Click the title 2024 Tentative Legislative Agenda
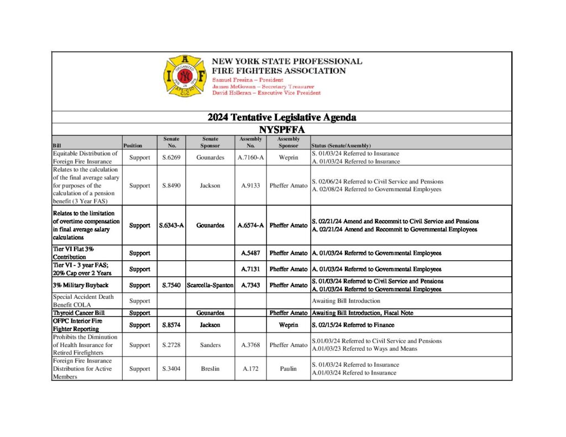(x=282, y=117)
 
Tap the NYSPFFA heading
(x=282, y=129)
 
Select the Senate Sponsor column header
(x=210, y=142)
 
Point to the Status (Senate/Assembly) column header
(x=341, y=145)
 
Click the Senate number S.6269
(x=170, y=157)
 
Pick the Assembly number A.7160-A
(x=250, y=157)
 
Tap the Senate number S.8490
(x=170, y=186)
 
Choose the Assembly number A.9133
(x=250, y=186)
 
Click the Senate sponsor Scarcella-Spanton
(x=210, y=285)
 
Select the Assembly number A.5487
(x=250, y=253)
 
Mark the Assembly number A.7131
(x=250, y=269)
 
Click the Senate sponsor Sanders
(x=210, y=345)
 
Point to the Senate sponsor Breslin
(x=210, y=368)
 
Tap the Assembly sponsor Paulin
(x=288, y=368)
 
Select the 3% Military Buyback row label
(x=80, y=285)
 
